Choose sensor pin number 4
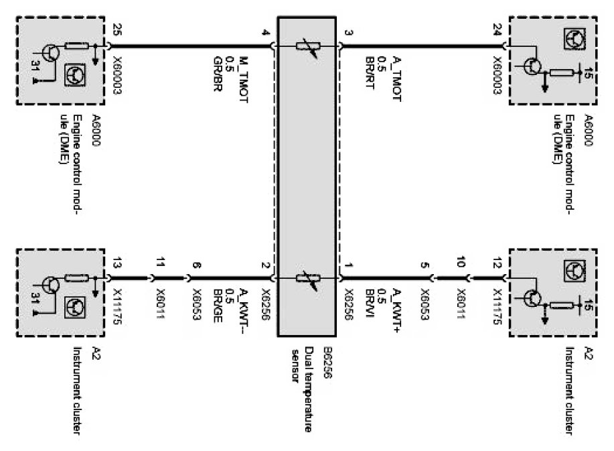[x=266, y=32]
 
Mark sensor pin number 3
[x=348, y=32]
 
